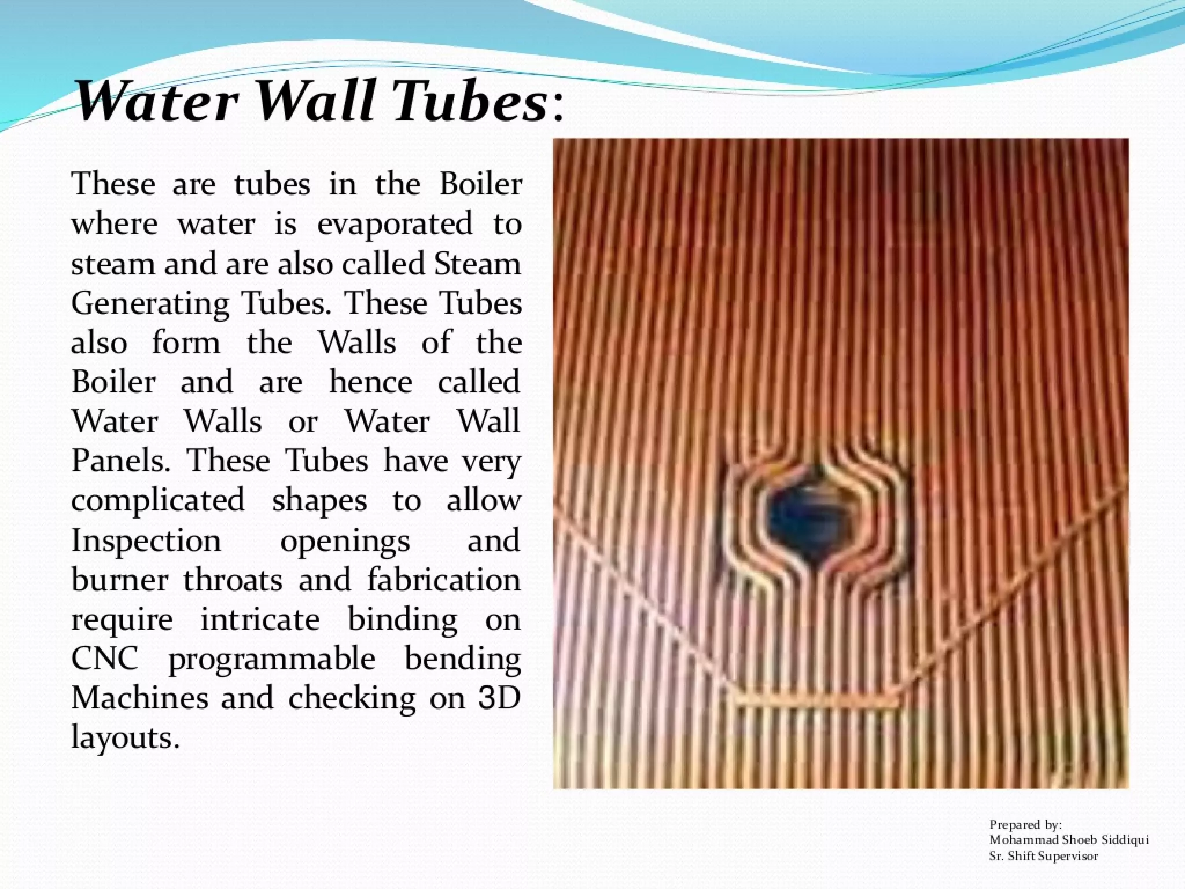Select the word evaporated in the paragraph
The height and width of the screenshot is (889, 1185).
pos(395,225)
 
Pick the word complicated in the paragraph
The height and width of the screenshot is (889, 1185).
pos(158,501)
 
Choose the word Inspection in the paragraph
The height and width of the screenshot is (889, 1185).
pos(146,541)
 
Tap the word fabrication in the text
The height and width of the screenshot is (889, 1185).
pos(444,580)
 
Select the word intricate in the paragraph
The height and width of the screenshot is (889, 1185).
pos(260,619)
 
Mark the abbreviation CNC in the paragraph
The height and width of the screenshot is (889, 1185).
pos(105,659)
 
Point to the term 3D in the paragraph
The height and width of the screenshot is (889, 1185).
pos(500,699)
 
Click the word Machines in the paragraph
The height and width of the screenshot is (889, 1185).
pos(139,699)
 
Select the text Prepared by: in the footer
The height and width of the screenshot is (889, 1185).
pos(1025,825)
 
